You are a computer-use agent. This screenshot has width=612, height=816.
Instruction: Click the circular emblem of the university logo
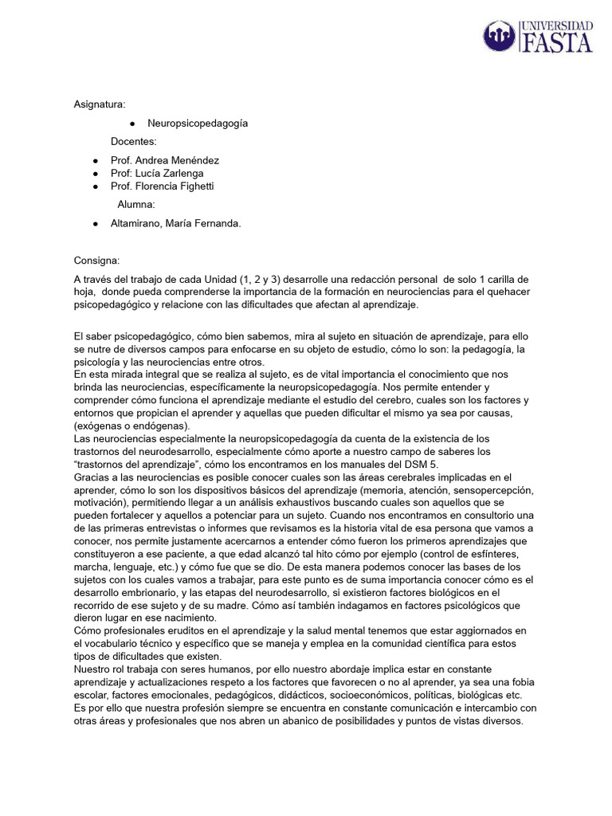pos(500,37)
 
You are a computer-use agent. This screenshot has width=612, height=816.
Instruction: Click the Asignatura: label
pos(100,104)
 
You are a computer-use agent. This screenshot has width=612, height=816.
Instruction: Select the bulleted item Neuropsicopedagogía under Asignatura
pos(198,124)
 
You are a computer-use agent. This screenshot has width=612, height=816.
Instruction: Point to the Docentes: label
pos(134,142)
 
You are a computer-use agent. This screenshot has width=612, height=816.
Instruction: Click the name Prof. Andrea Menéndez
pos(165,160)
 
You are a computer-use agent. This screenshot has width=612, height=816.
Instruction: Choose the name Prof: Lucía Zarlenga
pos(157,173)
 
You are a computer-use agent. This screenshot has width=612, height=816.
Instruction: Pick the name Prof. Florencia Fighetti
pos(163,186)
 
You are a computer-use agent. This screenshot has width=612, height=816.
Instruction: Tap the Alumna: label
pos(136,205)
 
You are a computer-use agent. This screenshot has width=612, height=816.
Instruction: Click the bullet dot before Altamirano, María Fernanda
pos(95,224)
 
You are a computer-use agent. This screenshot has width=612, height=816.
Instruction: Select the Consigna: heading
pos(97,261)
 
